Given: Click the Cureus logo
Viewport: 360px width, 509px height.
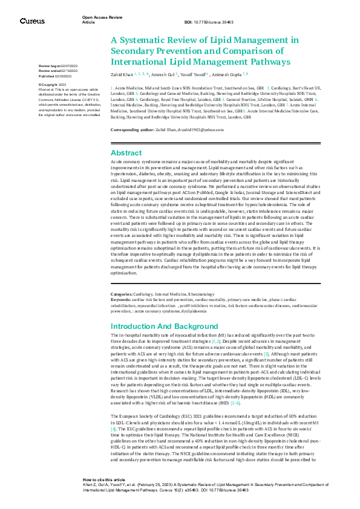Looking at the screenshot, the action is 32,21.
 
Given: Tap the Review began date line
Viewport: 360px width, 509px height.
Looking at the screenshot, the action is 58,65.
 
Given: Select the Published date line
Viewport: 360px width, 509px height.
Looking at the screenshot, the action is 56,76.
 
